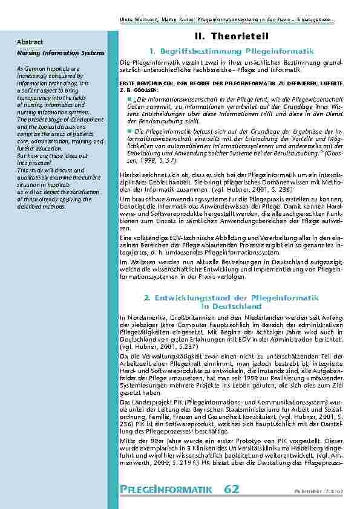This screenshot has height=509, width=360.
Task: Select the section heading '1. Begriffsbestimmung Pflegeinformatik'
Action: tap(231, 52)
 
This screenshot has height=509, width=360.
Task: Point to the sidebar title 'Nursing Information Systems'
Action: tap(61, 53)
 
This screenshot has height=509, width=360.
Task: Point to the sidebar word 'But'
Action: tap(22, 155)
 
